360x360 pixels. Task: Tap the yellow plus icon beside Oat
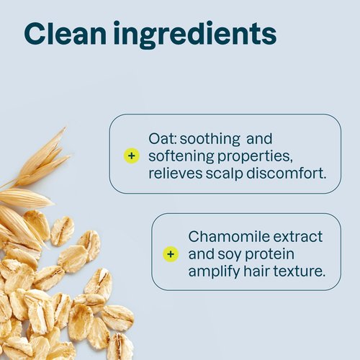(x=131, y=156)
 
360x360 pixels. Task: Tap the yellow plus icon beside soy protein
(x=171, y=253)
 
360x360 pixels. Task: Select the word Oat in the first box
(x=160, y=138)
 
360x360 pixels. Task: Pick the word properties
(x=253, y=156)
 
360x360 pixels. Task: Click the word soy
(x=229, y=254)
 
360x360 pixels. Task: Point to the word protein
(x=271, y=254)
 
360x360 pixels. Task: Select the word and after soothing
(x=258, y=138)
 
